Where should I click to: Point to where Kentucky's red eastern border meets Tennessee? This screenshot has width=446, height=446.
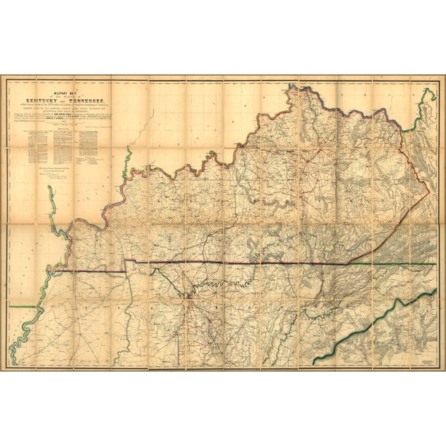click(x=348, y=262)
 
